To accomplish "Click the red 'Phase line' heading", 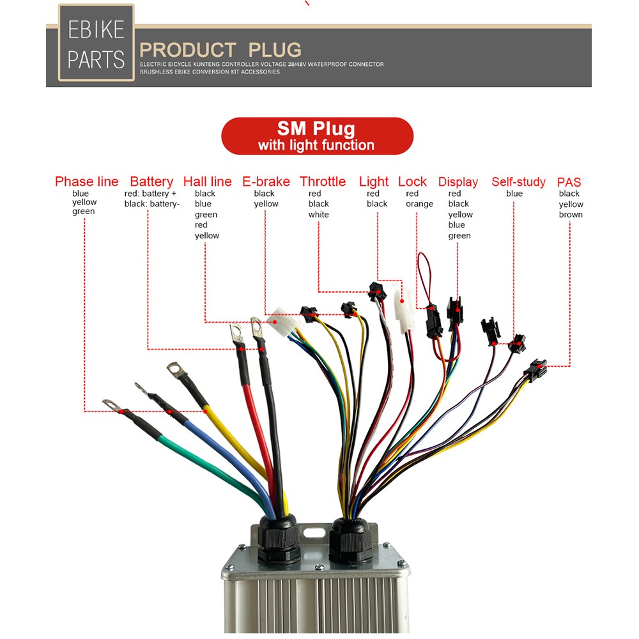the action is [86, 181].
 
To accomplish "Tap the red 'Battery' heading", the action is [151, 181].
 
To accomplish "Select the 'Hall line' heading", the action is [208, 181].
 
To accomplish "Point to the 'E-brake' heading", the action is [266, 181].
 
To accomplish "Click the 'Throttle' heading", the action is [323, 181].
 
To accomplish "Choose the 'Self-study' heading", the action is [518, 181].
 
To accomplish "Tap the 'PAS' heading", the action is [569, 182].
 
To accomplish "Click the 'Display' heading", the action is [458, 182].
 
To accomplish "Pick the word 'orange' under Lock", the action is [419, 204].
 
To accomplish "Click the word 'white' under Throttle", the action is [319, 214].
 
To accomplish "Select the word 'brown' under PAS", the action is [571, 214].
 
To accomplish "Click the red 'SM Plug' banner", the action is [317, 136].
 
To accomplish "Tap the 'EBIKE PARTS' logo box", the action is [96, 43].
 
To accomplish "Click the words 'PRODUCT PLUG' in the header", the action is [220, 50].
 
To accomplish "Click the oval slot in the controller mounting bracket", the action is [314, 533].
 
